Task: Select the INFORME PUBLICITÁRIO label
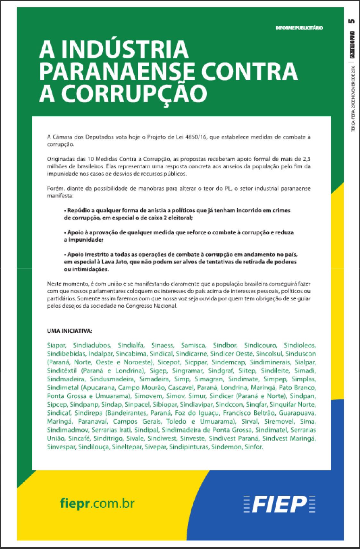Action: click(299, 28)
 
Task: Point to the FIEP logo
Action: click(279, 504)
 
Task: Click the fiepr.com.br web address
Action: click(97, 503)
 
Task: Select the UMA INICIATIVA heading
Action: click(70, 331)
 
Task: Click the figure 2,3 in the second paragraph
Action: click(306, 159)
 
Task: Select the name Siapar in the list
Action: click(56, 345)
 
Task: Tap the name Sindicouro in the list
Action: click(260, 345)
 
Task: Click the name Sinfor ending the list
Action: click(254, 447)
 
